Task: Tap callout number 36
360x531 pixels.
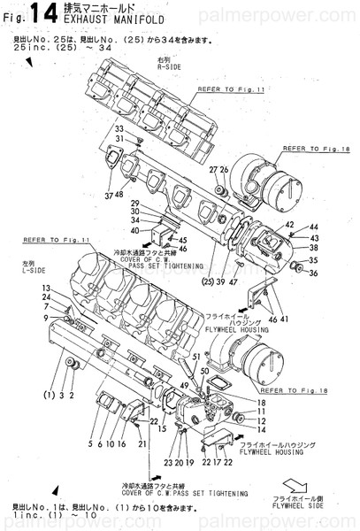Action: tap(314, 272)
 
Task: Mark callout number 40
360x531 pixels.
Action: tap(134, 230)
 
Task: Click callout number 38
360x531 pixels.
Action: tap(314, 249)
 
